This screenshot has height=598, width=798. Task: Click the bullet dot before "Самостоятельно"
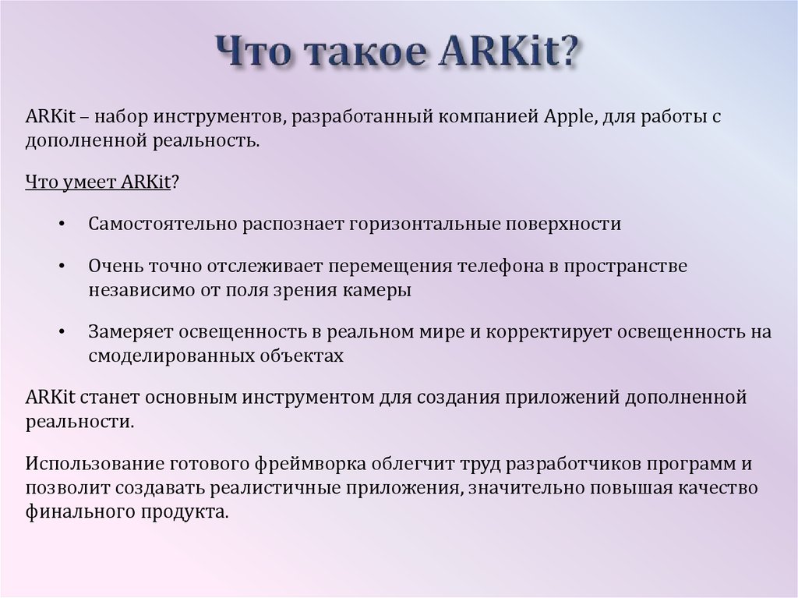coord(62,225)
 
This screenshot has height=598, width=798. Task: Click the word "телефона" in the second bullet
coord(505,267)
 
